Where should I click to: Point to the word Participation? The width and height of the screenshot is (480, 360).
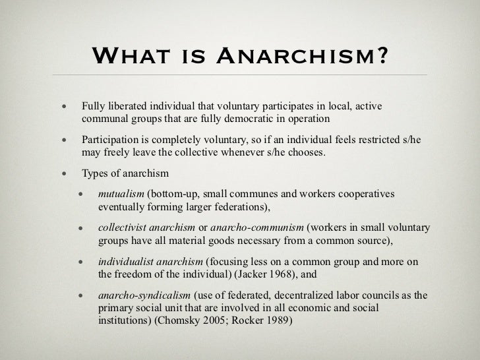[x=113, y=142]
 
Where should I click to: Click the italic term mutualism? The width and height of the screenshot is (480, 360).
[x=122, y=195]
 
